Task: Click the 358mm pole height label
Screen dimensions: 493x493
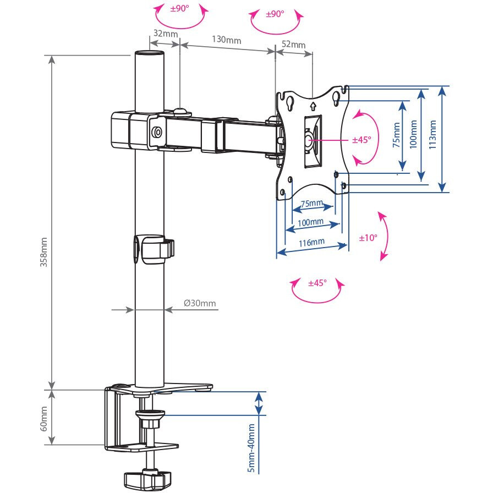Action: (43, 253)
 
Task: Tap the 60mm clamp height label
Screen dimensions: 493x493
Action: (43, 419)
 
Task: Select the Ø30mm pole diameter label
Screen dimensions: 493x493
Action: (200, 303)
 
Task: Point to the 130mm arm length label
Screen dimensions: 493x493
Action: (226, 40)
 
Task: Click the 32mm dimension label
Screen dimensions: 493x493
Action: (166, 34)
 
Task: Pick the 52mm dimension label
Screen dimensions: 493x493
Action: (294, 45)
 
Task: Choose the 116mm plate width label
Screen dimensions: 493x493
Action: (311, 243)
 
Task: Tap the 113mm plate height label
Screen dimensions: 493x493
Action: (432, 135)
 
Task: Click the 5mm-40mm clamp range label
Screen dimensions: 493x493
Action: (251, 448)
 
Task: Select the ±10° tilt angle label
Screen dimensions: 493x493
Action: (368, 238)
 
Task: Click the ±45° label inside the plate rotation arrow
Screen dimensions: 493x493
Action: (361, 140)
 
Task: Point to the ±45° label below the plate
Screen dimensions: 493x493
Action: (317, 283)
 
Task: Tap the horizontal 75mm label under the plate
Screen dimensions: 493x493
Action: (312, 204)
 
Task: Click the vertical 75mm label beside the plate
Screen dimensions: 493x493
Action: (397, 135)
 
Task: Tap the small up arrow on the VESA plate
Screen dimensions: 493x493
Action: (313, 106)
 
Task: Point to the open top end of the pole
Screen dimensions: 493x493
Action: (149, 53)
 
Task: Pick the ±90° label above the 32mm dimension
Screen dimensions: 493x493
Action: (180, 8)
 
